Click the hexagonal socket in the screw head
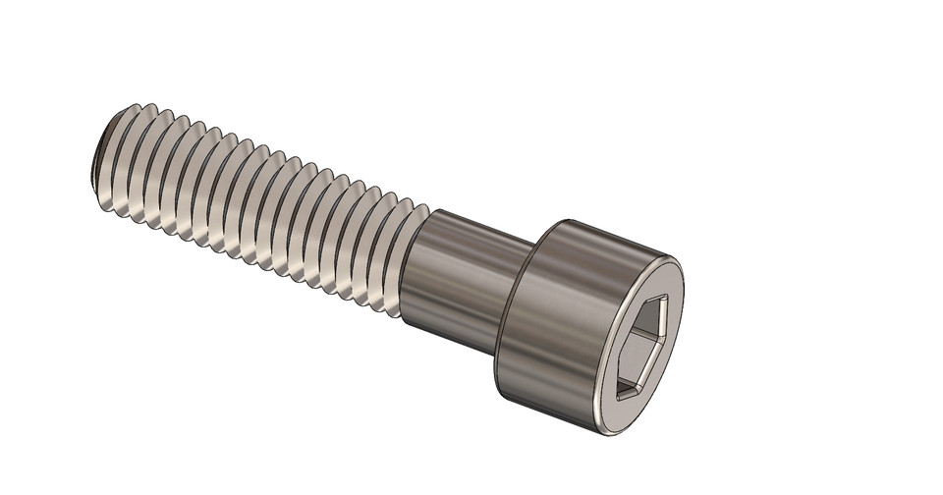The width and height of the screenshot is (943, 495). point(642,346)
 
